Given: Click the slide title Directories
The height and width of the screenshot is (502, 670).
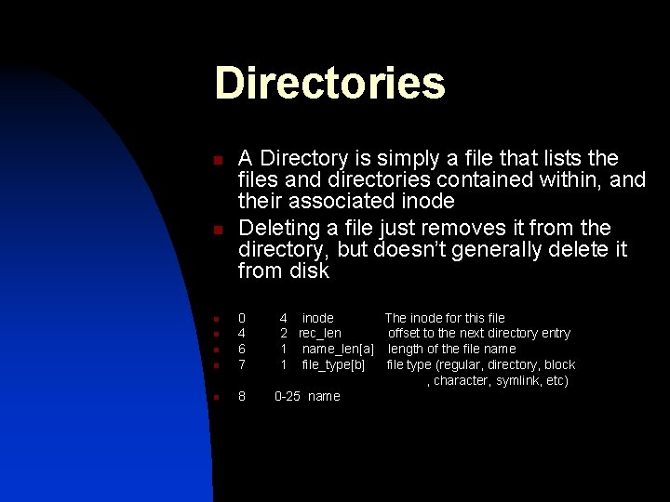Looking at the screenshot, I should [x=329, y=83].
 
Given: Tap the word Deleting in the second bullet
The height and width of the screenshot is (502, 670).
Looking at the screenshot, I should [x=275, y=228].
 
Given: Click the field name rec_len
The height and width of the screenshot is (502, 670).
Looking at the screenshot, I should [x=319, y=333].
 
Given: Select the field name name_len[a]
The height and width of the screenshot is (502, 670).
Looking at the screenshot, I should [x=338, y=349].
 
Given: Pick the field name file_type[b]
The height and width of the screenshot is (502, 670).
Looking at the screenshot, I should [x=333, y=364].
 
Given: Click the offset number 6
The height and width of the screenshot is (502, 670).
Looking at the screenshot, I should [x=242, y=349].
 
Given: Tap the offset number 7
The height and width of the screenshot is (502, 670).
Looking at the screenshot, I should [x=242, y=364].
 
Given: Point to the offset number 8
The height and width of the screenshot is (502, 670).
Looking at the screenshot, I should [x=242, y=396].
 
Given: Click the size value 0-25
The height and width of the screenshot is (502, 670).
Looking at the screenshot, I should [x=288, y=396].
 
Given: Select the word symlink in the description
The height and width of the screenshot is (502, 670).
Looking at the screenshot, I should [x=521, y=380].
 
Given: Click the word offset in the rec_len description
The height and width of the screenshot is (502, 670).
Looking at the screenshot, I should [x=404, y=333].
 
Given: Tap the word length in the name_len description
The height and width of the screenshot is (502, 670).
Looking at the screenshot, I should [x=407, y=349].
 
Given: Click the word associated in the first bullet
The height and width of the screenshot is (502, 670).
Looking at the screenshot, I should [x=338, y=201].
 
